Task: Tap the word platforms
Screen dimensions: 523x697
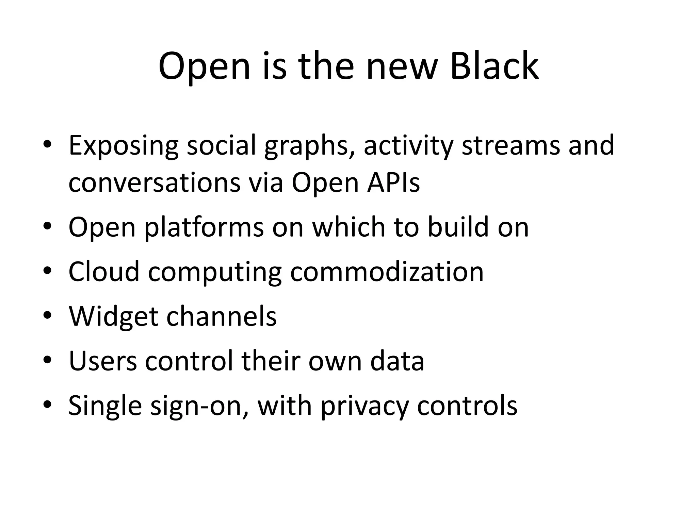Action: pyautogui.click(x=204, y=228)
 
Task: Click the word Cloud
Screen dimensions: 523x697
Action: pyautogui.click(x=104, y=272)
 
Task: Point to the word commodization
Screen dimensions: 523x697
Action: pyautogui.click(x=387, y=272)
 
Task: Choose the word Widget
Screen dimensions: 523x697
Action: pyautogui.click(x=113, y=317)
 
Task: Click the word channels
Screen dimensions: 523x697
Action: pyautogui.click(x=221, y=316)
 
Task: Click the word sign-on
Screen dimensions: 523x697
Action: pyautogui.click(x=199, y=406)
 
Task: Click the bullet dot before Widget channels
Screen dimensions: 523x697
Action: pyautogui.click(x=47, y=315)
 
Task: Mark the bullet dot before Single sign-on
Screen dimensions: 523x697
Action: pyautogui.click(x=47, y=405)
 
